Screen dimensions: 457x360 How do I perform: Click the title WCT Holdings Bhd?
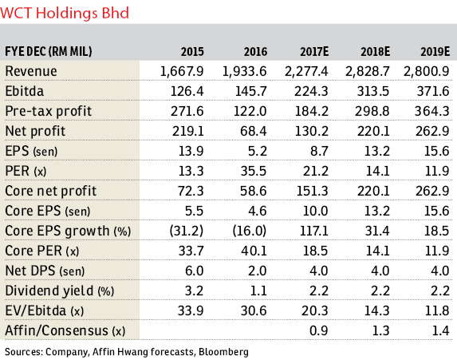(65, 14)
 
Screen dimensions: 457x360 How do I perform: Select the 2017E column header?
(314, 52)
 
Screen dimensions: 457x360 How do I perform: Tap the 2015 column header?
(192, 52)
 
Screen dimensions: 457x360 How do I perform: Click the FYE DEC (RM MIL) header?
(49, 52)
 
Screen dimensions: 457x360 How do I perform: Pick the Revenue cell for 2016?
(244, 72)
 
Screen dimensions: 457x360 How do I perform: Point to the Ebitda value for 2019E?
(433, 91)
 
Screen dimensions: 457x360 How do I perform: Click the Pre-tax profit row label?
(49, 112)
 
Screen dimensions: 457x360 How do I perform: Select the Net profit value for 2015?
(187, 131)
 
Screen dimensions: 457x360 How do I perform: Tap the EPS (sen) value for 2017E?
(319, 151)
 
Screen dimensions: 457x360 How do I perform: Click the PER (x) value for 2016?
(254, 171)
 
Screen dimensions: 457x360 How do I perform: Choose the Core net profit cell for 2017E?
(312, 191)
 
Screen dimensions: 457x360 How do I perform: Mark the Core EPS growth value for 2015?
(187, 231)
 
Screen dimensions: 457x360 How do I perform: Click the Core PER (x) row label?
(42, 251)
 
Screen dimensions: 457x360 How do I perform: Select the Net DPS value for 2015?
(194, 271)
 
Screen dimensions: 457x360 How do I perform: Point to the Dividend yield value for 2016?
(258, 291)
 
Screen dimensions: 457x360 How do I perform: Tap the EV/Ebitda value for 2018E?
(377, 311)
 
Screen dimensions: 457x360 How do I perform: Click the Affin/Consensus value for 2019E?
(441, 330)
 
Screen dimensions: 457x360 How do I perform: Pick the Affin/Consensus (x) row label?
(65, 330)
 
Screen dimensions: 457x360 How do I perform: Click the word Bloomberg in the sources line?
(223, 352)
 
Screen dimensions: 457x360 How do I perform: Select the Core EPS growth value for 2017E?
(314, 231)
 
